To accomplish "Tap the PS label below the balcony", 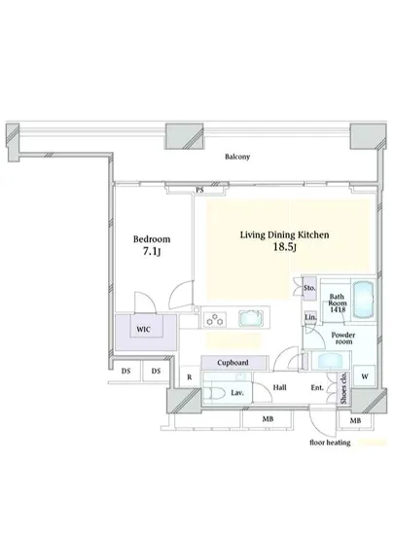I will [199, 191].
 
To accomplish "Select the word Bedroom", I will [151, 239].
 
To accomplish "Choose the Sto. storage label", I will [309, 288].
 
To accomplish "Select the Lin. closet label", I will [309, 317].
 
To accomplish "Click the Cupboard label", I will [233, 363].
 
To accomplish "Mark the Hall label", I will [279, 388].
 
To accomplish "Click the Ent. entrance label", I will [316, 388].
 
